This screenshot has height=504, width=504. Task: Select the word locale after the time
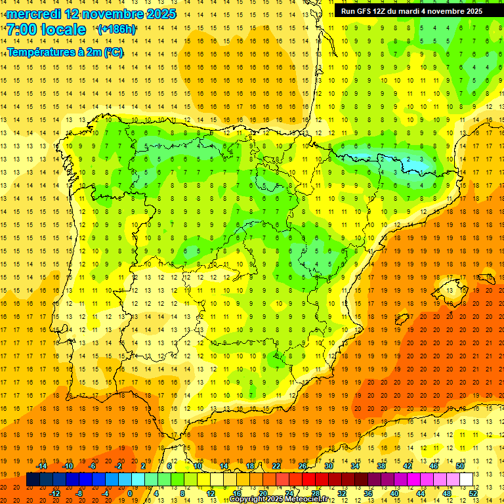coord(64,30)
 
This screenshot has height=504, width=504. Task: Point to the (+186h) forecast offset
coord(116,30)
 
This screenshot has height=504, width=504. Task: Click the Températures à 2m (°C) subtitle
coord(65,52)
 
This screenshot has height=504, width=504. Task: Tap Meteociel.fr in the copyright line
coord(304,499)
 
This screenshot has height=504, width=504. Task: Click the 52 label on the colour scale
coord(473,493)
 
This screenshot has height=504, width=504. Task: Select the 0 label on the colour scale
coord(130,493)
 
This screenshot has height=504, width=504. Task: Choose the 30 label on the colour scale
coord(329,466)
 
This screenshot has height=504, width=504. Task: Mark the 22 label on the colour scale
coord(276,466)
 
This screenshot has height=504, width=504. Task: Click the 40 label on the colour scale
coord(394,493)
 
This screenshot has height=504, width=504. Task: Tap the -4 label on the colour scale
coord(104,493)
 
